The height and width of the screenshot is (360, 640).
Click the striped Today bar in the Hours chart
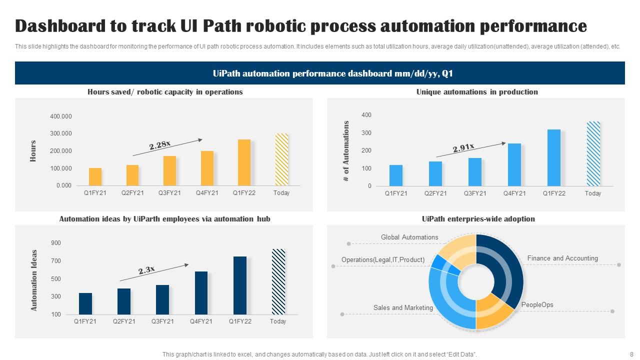tap(281, 159)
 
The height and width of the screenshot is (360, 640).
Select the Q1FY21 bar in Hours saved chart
tap(95, 176)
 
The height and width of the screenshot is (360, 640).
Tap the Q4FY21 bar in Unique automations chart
tap(514, 164)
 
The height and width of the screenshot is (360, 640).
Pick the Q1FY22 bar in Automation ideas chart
tap(239, 285)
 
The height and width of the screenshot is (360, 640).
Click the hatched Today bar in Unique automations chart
tap(593, 153)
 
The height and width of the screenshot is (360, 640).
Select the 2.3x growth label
tap(146, 270)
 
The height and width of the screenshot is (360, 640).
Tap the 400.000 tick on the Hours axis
tap(61, 116)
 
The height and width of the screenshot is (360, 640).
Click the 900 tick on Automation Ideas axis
tap(55, 243)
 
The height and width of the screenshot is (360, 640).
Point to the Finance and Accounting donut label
tap(562, 258)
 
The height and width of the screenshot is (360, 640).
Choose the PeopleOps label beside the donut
tap(537, 305)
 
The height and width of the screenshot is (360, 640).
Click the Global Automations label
tap(409, 237)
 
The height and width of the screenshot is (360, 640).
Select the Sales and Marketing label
tap(403, 308)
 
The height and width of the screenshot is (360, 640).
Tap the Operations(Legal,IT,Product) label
tap(383, 260)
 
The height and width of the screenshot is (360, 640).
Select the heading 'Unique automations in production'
tap(477, 92)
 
